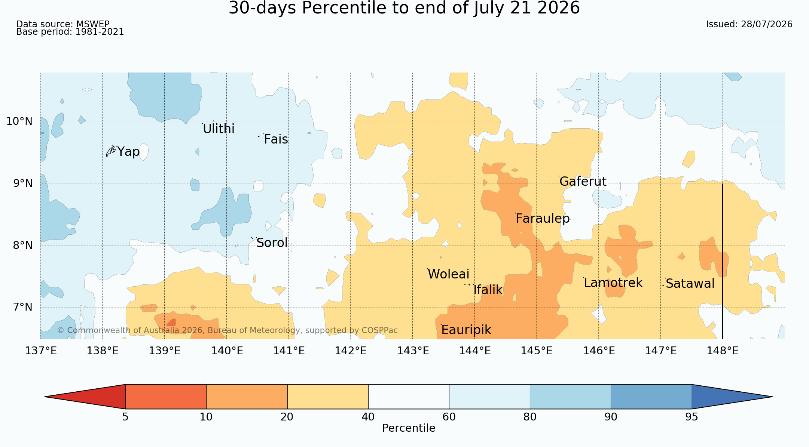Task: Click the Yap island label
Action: [x=128, y=152]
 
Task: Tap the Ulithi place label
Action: [x=219, y=129]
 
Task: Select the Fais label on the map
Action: [x=276, y=139]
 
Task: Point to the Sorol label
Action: [x=272, y=243]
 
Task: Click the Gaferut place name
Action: [x=583, y=181]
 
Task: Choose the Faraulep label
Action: [x=543, y=219]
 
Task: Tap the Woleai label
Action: [x=448, y=274]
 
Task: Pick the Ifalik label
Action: [x=488, y=290]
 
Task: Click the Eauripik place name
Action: [x=466, y=330]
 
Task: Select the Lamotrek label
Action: [x=613, y=283]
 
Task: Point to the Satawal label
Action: [x=690, y=284]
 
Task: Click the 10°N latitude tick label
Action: [x=19, y=121]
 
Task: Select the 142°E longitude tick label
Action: [x=351, y=351]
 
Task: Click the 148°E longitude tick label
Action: [x=723, y=351]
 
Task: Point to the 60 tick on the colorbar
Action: [x=449, y=417]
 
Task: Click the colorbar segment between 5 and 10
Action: [x=166, y=397]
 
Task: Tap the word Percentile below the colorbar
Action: [x=409, y=428]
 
